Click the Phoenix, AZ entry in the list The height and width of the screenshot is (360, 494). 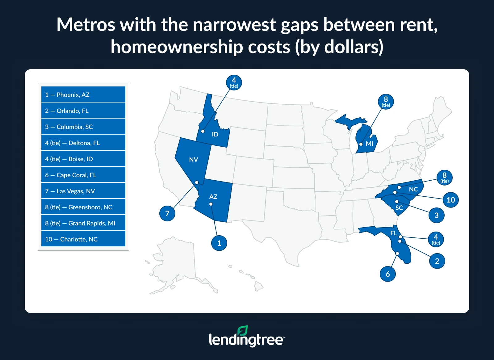pyautogui.click(x=83, y=94)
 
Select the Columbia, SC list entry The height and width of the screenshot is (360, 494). pyautogui.click(x=83, y=127)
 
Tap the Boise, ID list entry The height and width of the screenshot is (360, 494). pyautogui.click(x=83, y=159)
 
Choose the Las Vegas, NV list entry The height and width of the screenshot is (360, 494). pyautogui.click(x=83, y=191)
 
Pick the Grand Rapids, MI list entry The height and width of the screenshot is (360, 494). pyautogui.click(x=83, y=223)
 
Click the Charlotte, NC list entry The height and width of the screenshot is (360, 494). pyautogui.click(x=83, y=239)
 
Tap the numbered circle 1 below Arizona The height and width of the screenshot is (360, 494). pyautogui.click(x=219, y=243)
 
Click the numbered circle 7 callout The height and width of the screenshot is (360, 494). pyautogui.click(x=167, y=213)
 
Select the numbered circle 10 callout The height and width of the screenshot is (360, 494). pyautogui.click(x=451, y=200)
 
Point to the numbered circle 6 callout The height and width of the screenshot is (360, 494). pyautogui.click(x=388, y=274)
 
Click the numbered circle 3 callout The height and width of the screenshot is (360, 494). pyautogui.click(x=437, y=215)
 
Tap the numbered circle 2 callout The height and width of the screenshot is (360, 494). pyautogui.click(x=437, y=261)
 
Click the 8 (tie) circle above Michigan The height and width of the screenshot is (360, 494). pyautogui.click(x=386, y=101)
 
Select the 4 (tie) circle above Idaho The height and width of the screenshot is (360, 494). pyautogui.click(x=234, y=82)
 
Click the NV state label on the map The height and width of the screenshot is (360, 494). pyautogui.click(x=194, y=160)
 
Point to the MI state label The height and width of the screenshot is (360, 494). pyautogui.click(x=370, y=144)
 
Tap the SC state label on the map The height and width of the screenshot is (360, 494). pyautogui.click(x=399, y=208)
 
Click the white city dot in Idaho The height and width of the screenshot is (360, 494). pyautogui.click(x=203, y=131)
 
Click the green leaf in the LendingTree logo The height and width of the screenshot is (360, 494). pyautogui.click(x=243, y=331)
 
